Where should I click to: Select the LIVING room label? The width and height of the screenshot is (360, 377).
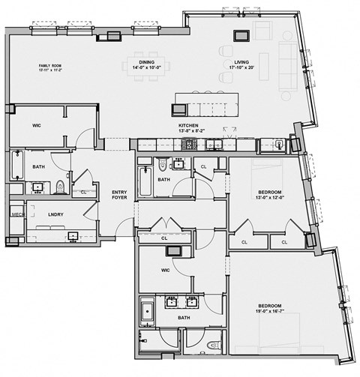click(241, 63)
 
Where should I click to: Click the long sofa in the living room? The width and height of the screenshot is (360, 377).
click(286, 63)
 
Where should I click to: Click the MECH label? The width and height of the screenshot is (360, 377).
click(16, 214)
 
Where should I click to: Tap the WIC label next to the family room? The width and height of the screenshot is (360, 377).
click(36, 126)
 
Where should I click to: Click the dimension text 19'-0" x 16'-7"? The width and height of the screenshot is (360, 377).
click(268, 310)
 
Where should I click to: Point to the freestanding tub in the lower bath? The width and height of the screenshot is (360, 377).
click(148, 311)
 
